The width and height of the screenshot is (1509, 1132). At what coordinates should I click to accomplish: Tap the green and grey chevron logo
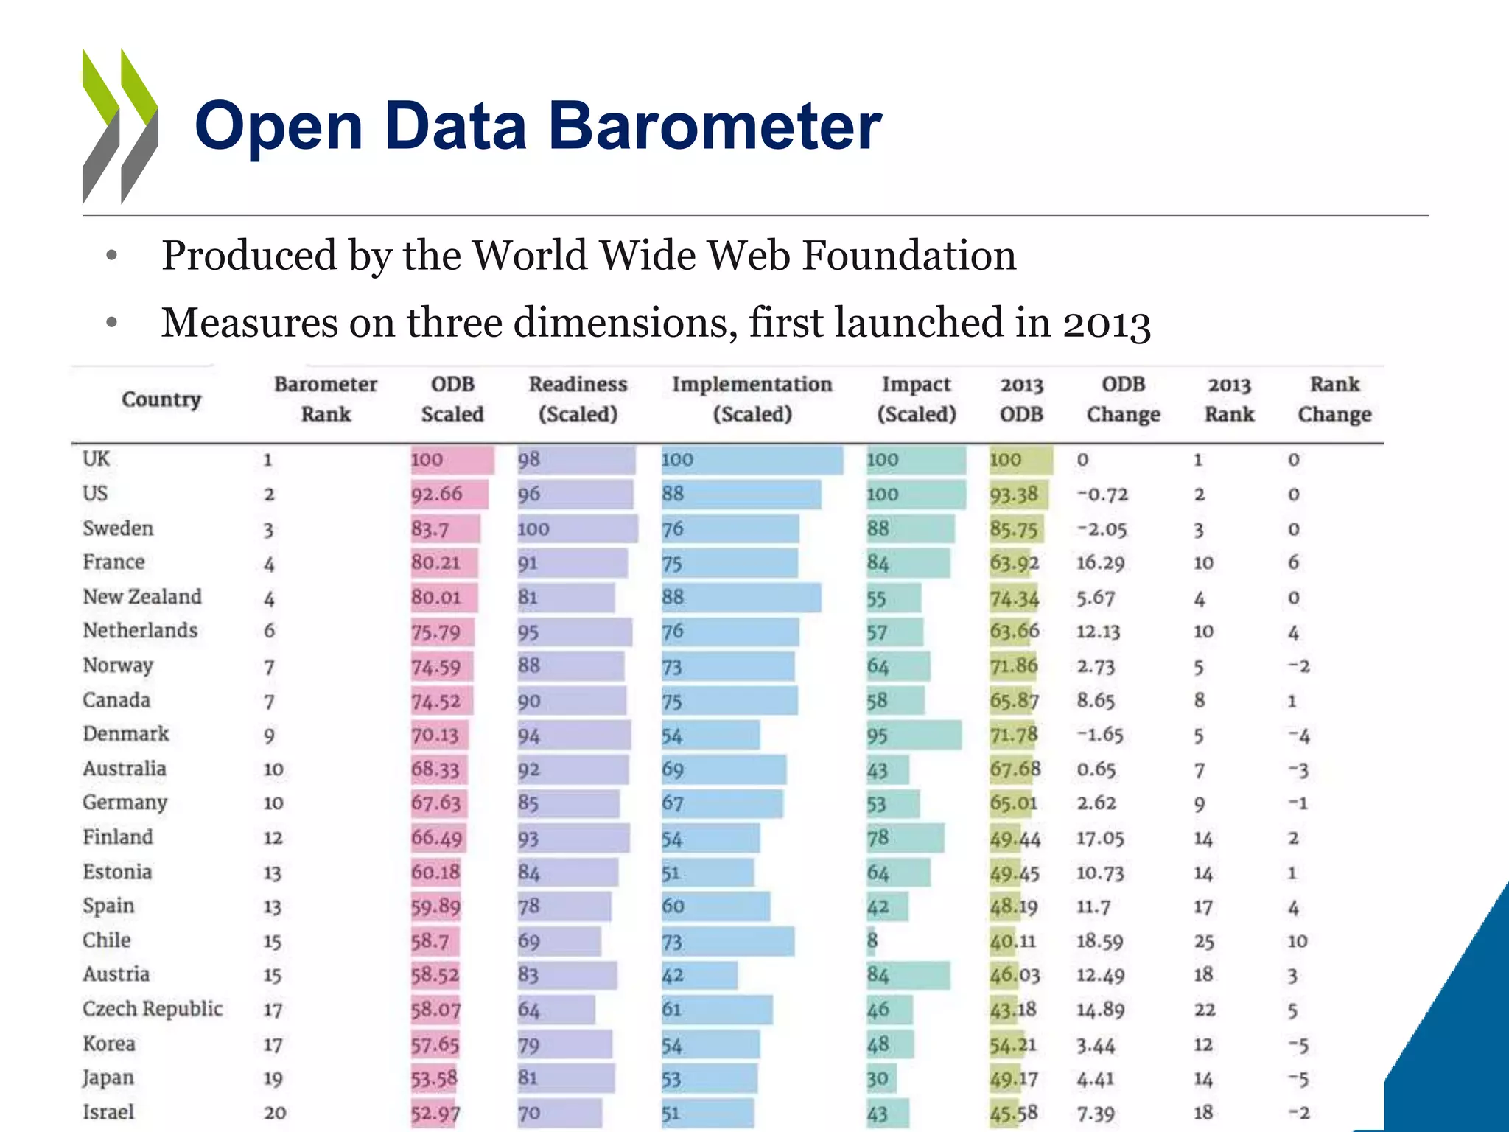[120, 126]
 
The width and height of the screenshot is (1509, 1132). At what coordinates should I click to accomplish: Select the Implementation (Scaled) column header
[752, 399]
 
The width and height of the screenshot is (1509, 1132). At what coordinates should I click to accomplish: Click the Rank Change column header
[1334, 399]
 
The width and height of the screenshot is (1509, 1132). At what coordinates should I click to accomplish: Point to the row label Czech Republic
[153, 1009]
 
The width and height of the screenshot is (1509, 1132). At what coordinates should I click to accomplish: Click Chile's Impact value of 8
[872, 941]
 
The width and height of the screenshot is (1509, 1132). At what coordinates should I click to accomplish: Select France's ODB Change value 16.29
[1100, 563]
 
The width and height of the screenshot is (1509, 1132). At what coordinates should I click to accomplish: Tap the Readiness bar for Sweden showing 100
[576, 529]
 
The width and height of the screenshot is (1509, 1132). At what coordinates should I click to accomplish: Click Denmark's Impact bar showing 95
[914, 736]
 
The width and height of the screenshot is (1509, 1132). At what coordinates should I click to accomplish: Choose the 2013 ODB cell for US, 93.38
[1015, 495]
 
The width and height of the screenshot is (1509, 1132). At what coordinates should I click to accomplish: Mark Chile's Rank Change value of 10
[1297, 941]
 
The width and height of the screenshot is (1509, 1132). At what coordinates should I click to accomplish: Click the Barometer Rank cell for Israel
[275, 1113]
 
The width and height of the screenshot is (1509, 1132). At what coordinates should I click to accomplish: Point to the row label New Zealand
[142, 597]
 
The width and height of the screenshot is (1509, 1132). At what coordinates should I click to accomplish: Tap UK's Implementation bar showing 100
[752, 460]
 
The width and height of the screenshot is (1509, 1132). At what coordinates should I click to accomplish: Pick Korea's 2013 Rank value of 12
[1203, 1044]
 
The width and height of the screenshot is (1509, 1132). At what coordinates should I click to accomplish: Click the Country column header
[161, 399]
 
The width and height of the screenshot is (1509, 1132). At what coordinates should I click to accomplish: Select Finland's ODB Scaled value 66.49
[437, 838]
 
